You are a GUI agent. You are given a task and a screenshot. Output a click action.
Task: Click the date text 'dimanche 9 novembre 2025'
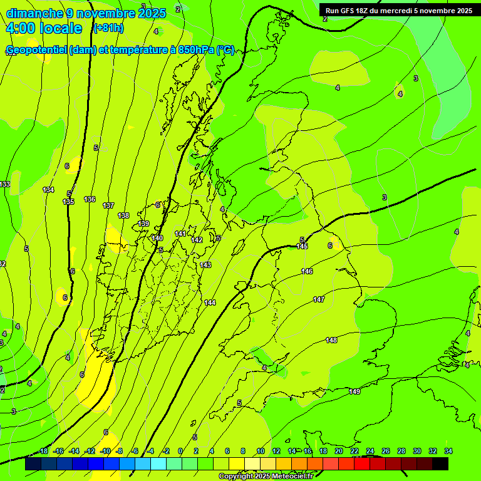click(86, 13)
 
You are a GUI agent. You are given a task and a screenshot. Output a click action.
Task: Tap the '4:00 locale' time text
click(43, 28)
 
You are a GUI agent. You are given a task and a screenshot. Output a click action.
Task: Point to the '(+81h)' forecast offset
click(108, 28)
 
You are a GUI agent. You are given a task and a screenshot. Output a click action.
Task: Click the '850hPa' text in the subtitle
click(195, 50)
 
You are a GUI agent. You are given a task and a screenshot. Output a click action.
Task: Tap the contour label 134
click(48, 190)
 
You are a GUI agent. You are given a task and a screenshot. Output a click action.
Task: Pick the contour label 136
click(90, 199)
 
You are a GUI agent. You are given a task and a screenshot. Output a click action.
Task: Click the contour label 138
click(123, 215)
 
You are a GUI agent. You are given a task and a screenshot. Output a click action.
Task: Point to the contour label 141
click(180, 234)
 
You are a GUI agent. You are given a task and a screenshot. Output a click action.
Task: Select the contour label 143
click(205, 265)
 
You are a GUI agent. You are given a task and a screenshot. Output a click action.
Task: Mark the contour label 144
click(210, 303)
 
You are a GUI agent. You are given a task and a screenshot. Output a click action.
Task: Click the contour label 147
click(319, 299)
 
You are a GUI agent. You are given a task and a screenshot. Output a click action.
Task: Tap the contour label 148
click(331, 340)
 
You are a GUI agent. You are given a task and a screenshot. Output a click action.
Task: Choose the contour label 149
click(354, 391)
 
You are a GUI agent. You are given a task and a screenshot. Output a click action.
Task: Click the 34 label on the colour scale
click(448, 451)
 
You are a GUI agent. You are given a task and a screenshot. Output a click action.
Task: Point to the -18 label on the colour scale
click(43, 451)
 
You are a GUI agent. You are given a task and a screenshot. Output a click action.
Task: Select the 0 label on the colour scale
click(180, 451)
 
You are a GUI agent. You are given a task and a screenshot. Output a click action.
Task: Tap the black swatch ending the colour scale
click(440, 464)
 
